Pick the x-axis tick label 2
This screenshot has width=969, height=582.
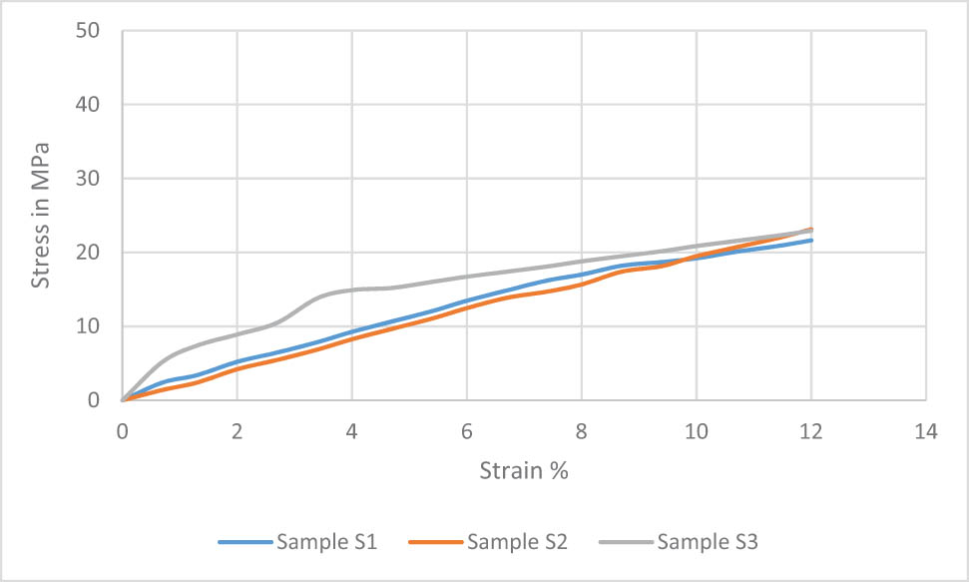pos(237,431)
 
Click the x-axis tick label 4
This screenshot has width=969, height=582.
pos(351,431)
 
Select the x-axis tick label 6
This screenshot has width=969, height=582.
pos(466,431)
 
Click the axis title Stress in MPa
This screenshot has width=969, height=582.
pos(41,216)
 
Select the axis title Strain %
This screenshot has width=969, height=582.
pos(523,470)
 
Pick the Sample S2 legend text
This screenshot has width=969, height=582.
pos(517,542)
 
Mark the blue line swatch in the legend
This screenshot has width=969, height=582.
pos(245,542)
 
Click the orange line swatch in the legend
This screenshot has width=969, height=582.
pos(436,542)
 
